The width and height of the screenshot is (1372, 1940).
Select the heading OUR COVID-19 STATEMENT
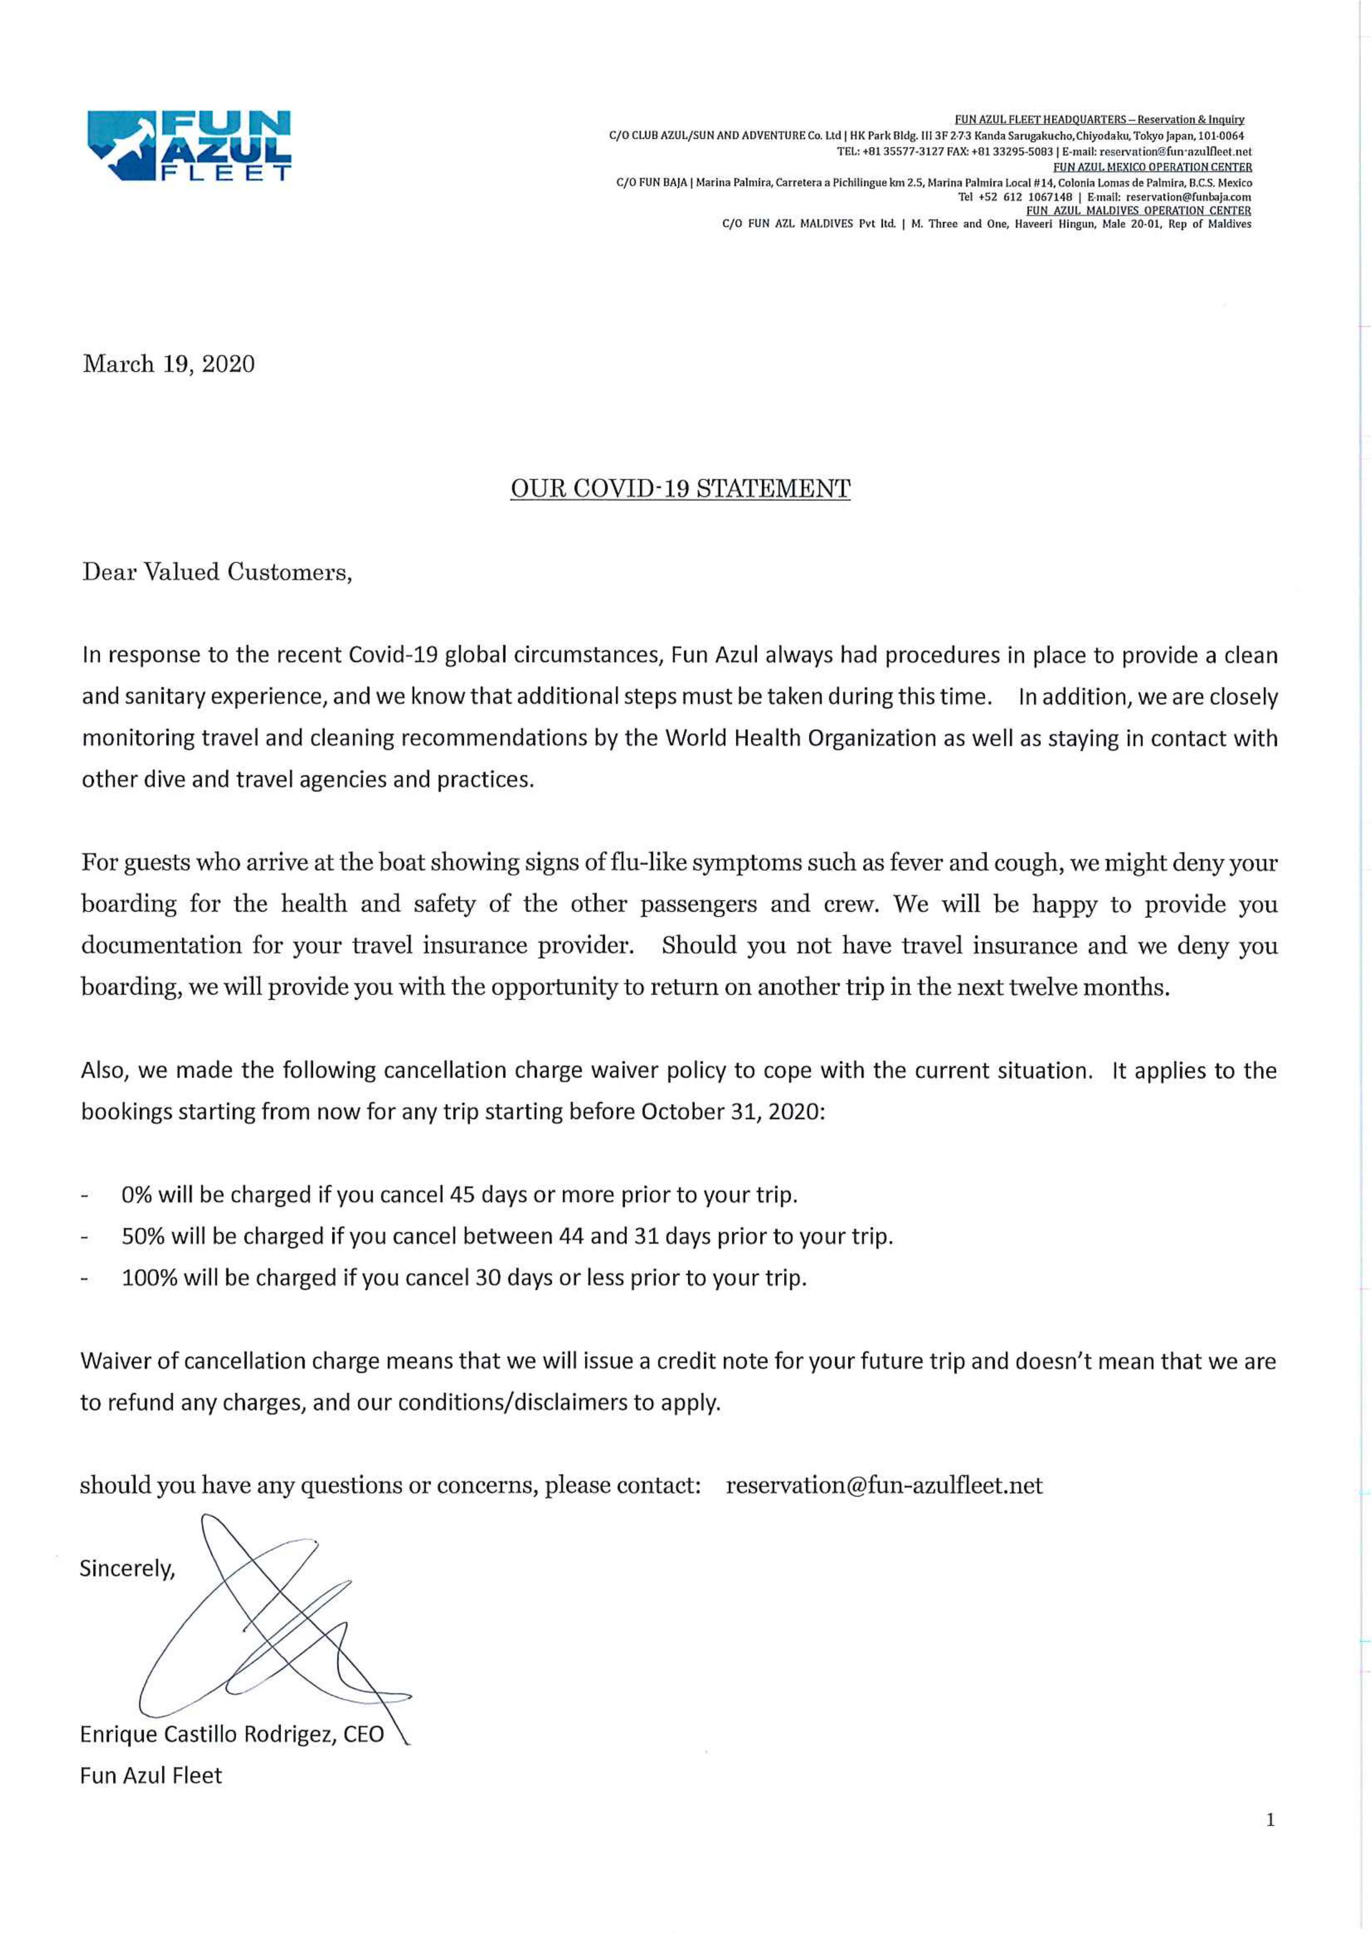pyautogui.click(x=680, y=488)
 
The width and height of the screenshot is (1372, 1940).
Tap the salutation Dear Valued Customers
pyautogui.click(x=216, y=572)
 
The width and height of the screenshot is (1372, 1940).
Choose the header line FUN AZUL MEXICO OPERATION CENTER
pyautogui.click(x=1153, y=168)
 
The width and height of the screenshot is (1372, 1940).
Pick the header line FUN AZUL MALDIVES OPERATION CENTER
pyautogui.click(x=1138, y=211)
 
